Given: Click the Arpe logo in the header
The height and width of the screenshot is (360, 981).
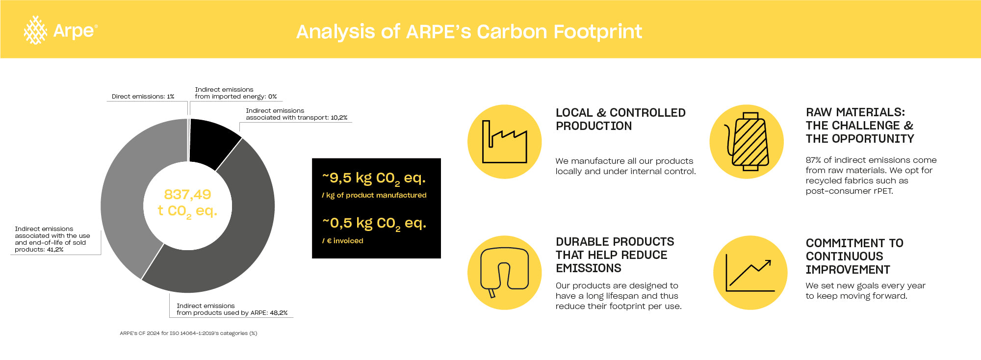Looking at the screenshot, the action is [60, 30].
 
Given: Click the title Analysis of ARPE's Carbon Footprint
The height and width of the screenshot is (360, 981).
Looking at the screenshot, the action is [469, 31].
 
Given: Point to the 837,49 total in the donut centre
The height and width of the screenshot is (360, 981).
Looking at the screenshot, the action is [187, 195].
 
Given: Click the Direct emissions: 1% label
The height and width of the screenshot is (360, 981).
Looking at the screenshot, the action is [143, 97].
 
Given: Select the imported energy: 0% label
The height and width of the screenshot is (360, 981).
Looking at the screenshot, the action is [236, 93].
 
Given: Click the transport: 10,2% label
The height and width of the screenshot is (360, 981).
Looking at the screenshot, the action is [296, 114].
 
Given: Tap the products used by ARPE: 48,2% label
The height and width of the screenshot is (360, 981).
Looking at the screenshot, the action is [232, 309].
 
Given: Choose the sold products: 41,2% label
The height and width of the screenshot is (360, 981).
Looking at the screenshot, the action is [52, 239].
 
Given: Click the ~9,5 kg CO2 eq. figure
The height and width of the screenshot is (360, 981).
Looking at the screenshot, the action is [374, 179].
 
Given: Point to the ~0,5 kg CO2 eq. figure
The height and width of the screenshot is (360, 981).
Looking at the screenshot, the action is [374, 224].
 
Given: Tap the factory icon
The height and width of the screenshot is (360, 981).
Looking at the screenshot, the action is [505, 142].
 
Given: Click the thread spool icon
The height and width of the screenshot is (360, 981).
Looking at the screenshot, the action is [747, 142].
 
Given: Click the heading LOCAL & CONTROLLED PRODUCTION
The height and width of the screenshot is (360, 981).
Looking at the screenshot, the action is [620, 119].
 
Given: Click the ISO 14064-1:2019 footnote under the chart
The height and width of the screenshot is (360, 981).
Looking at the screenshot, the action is [188, 334].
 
